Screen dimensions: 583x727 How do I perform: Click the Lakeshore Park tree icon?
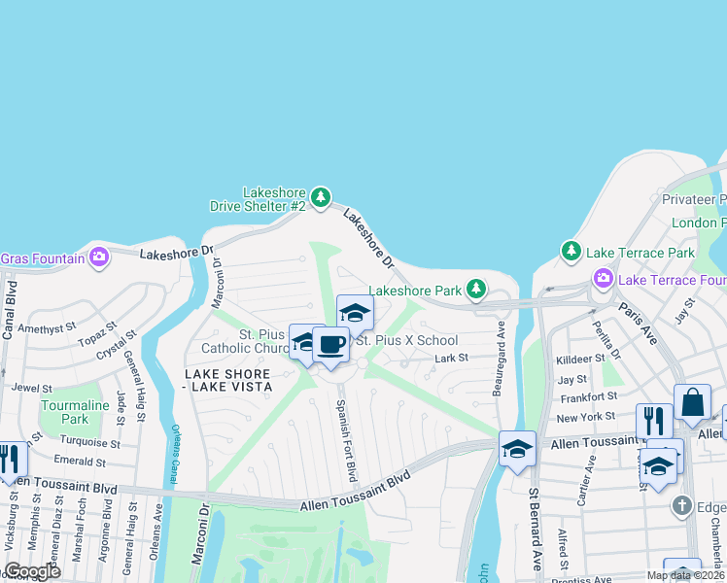(475, 289)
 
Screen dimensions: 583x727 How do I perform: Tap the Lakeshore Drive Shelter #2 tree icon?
(320, 198)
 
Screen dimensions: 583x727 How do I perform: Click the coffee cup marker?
(331, 345)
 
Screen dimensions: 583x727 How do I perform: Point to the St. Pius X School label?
(405, 340)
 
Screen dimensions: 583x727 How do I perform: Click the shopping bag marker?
(692, 401)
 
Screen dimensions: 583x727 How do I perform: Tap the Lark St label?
(451, 358)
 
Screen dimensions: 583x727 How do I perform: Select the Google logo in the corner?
(32, 571)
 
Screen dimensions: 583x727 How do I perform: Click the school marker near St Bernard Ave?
(517, 448)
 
